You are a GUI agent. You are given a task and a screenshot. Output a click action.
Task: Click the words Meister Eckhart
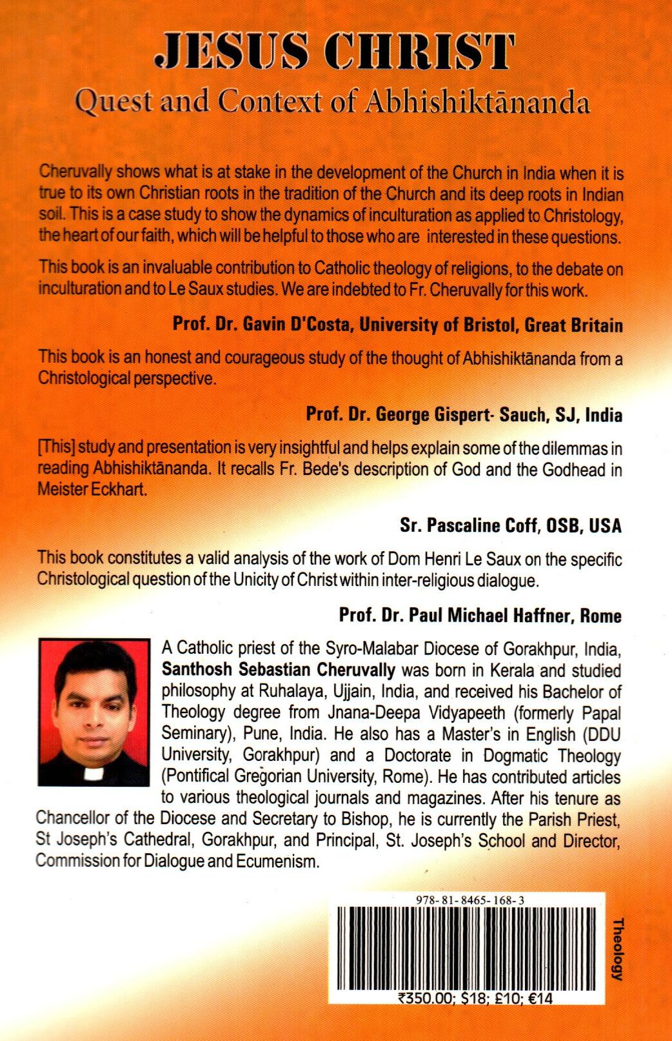(x=88, y=489)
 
